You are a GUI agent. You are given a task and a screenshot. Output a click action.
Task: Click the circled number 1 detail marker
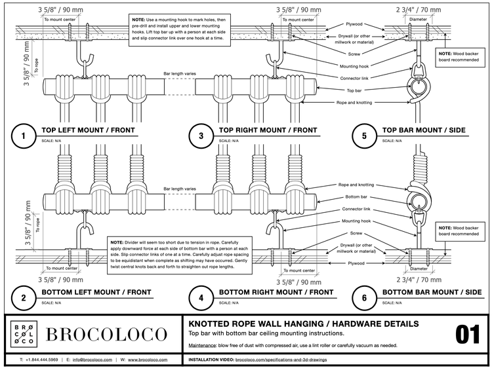point(23,136)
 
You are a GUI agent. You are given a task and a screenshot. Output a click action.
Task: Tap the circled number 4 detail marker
point(201,298)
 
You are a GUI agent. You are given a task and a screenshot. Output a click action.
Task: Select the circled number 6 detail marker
point(364,298)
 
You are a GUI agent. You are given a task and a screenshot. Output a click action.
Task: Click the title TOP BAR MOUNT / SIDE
point(424,130)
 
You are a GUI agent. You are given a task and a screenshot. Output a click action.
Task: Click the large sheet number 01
point(468,335)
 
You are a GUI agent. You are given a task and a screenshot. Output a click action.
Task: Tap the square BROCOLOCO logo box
point(24,334)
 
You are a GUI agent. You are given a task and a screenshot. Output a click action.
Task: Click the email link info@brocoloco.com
point(92,360)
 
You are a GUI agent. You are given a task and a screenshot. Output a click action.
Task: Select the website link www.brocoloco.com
point(148,360)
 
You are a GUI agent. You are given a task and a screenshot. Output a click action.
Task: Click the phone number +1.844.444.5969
point(42,360)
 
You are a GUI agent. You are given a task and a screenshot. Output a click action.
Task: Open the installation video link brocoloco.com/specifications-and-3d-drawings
point(281,360)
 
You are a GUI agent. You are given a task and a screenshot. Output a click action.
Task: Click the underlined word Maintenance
point(202,346)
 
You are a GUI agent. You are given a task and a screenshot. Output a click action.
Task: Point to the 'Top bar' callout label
point(354,90)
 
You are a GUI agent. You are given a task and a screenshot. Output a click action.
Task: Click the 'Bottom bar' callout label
point(356,196)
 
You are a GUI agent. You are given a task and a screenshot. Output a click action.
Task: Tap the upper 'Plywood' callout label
point(354,24)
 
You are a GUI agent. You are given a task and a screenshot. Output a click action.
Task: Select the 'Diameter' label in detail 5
point(418,20)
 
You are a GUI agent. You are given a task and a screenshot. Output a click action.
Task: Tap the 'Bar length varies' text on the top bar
point(180,73)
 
